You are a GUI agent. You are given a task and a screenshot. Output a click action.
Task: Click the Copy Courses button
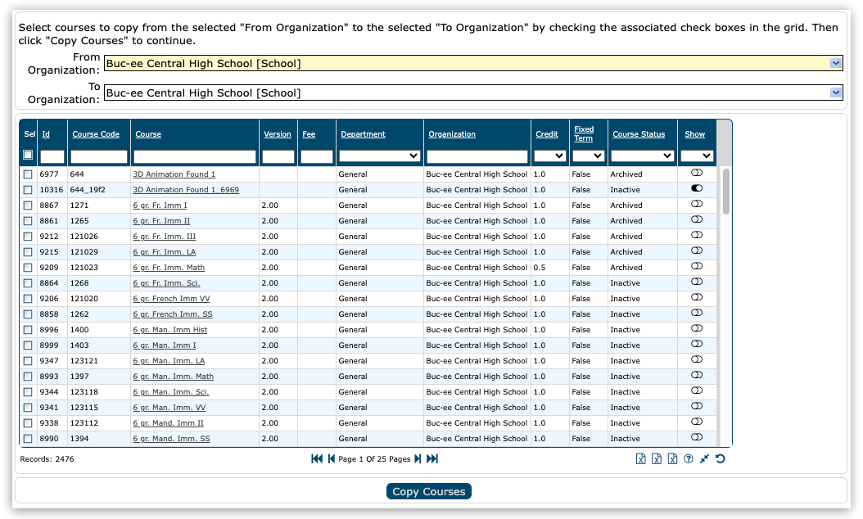428,492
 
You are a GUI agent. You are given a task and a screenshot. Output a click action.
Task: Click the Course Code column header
96,134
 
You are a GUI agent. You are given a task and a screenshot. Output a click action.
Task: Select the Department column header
363,134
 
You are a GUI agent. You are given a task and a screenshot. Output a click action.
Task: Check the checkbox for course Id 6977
28,174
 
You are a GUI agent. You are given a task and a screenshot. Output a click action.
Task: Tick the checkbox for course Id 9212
28,237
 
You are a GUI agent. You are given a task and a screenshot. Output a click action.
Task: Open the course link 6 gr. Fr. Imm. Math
169,268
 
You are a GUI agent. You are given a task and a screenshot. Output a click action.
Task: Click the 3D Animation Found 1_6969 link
186,190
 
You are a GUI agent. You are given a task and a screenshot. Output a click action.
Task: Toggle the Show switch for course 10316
697,189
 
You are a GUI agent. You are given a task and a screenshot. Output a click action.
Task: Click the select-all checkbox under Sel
28,156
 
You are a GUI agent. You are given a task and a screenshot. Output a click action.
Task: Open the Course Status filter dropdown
642,156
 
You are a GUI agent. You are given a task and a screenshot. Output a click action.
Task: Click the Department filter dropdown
380,156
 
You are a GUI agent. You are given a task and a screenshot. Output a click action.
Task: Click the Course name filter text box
195,156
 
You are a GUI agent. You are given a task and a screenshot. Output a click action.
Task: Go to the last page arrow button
432,459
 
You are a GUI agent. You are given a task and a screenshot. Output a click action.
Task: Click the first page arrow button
316,459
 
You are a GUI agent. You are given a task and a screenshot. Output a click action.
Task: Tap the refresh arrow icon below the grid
720,458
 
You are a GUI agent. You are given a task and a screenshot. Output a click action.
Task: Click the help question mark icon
689,458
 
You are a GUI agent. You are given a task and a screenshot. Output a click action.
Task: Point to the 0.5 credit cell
539,268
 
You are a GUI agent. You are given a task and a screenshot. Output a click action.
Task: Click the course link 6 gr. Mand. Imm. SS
171,439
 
